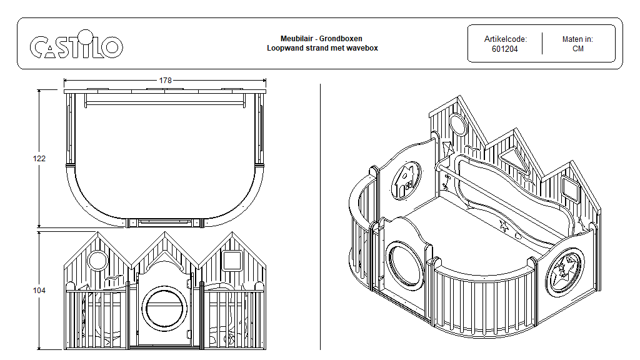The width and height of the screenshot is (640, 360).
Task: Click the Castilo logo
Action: [x=76, y=46]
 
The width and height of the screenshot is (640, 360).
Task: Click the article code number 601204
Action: [x=504, y=49]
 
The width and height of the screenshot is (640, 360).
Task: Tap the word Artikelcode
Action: [x=505, y=39]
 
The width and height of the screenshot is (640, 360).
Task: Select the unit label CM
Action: [x=577, y=49]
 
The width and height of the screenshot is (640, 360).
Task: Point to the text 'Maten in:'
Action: [x=577, y=39]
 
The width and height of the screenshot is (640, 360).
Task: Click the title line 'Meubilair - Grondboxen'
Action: [x=322, y=39]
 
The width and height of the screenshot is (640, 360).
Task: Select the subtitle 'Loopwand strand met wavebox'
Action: [x=322, y=48]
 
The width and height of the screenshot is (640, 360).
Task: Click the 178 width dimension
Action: [x=165, y=81]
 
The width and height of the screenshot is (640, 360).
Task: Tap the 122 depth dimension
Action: [x=39, y=159]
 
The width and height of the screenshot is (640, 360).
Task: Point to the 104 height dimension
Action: [x=39, y=291]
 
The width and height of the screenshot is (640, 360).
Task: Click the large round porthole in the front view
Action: [x=164, y=307]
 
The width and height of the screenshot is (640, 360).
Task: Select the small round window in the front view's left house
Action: [x=97, y=260]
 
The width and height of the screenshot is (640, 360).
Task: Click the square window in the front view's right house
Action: [x=231, y=260]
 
